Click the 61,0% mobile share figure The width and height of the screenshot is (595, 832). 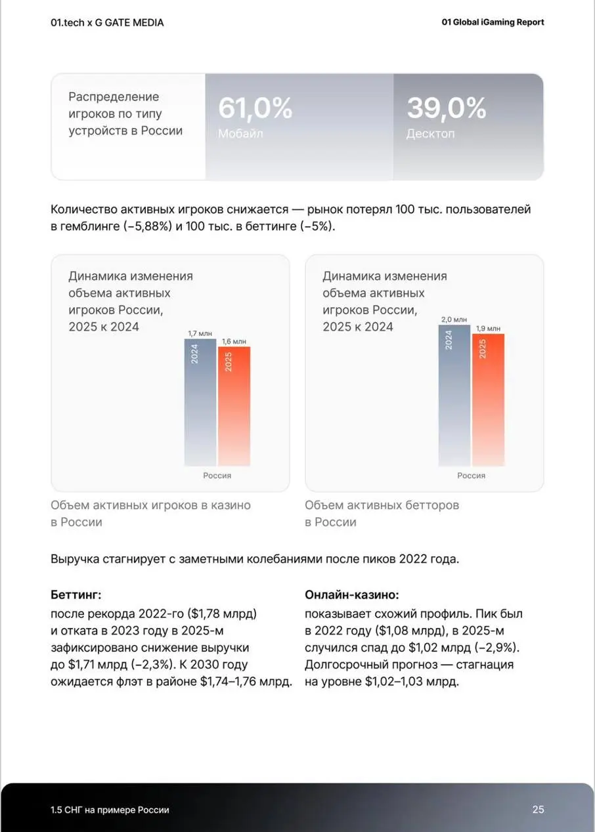255,108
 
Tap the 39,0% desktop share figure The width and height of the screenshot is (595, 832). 446,108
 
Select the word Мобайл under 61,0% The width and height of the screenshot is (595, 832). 240,134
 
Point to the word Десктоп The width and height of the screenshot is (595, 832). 430,134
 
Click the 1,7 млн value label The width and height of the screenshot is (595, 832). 200,334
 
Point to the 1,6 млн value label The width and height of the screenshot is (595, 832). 234,341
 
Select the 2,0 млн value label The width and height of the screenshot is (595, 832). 454,320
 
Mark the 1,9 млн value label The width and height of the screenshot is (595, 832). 488,328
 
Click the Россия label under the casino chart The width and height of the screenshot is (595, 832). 217,476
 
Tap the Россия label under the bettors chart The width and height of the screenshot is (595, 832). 471,476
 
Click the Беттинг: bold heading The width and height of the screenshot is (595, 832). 76,595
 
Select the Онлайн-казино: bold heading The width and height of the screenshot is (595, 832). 352,595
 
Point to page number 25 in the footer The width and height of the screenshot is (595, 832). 538,810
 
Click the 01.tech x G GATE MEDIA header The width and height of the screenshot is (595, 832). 107,22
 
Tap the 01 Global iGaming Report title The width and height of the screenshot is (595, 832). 493,22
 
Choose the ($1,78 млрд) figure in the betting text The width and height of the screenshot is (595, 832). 222,614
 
